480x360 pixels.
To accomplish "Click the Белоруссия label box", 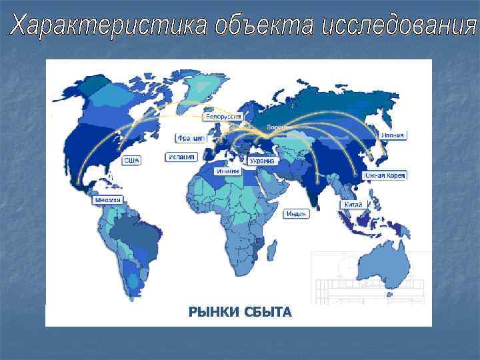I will point(223,116).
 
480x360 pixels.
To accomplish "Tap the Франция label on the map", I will point(191,138).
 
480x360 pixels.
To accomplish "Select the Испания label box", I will point(181,157).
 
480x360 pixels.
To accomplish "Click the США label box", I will point(131,160).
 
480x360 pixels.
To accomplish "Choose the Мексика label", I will point(107,200).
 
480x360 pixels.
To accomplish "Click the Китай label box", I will point(353,204).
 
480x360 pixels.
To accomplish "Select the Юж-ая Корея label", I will point(385,175).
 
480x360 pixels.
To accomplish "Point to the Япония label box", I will point(393,135).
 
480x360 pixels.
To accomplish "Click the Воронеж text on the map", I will point(277,127).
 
